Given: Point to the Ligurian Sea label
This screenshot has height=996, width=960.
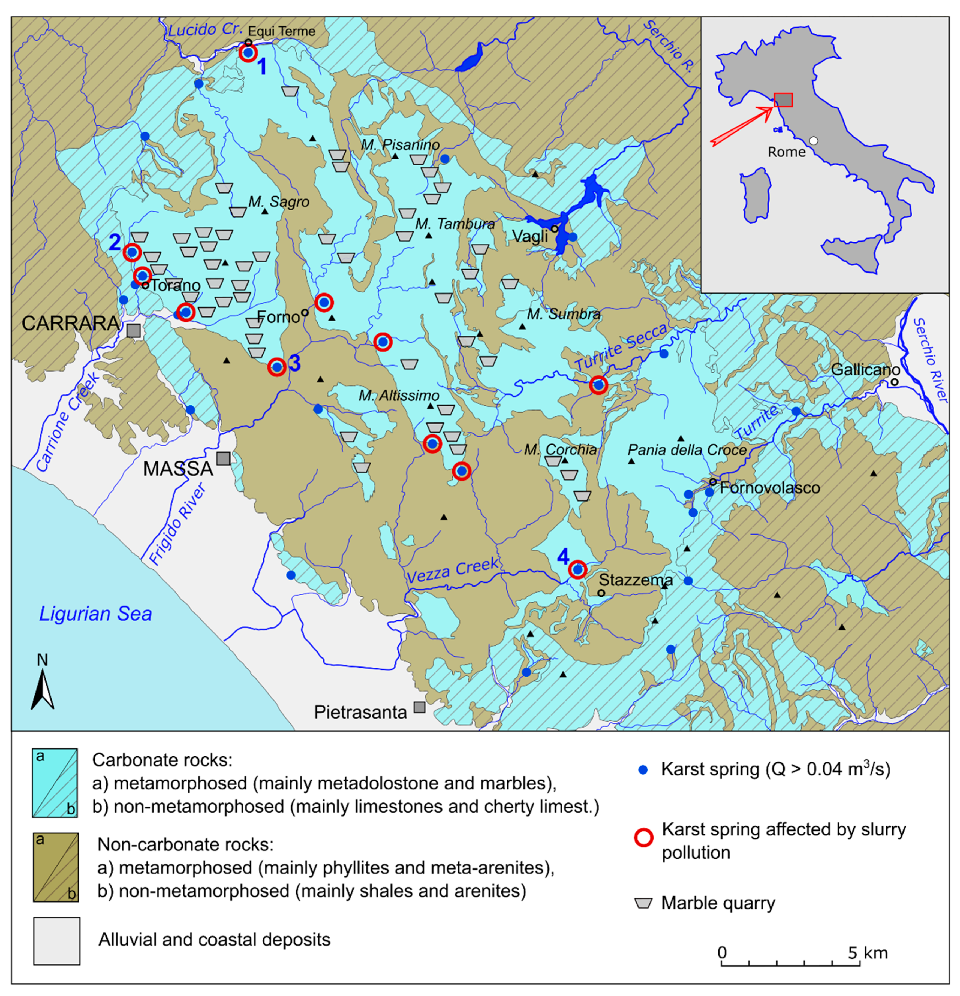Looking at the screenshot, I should [x=95, y=614].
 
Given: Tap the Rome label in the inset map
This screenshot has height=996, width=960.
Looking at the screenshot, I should [x=786, y=152].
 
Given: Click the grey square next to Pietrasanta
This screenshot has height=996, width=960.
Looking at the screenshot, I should [x=419, y=707].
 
